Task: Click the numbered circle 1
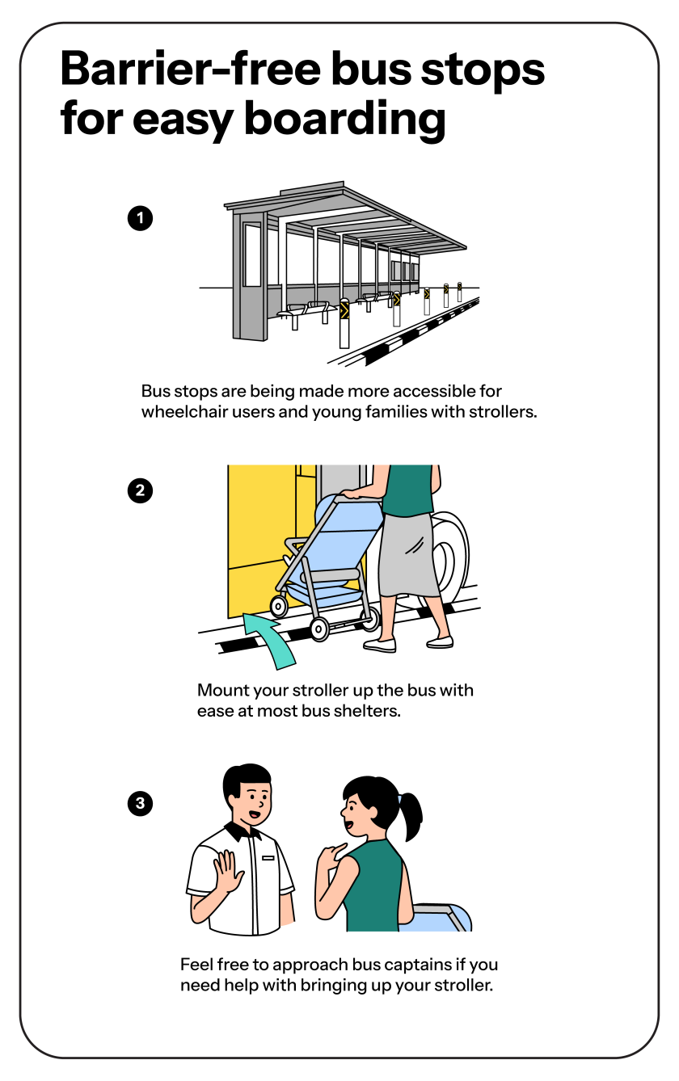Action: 140,218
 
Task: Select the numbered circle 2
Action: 140,490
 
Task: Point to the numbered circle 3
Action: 140,803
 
